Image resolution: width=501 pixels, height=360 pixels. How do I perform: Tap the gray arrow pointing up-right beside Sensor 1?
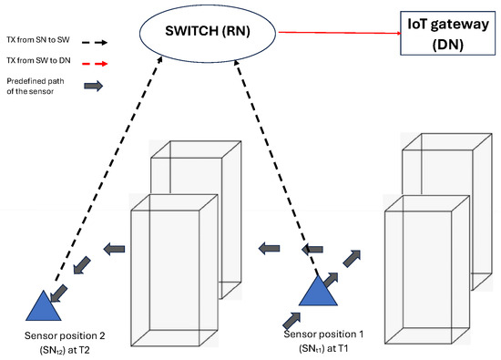pyautogui.click(x=352, y=258)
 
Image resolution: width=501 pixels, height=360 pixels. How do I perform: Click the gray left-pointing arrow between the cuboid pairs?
pyautogui.click(x=267, y=246)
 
